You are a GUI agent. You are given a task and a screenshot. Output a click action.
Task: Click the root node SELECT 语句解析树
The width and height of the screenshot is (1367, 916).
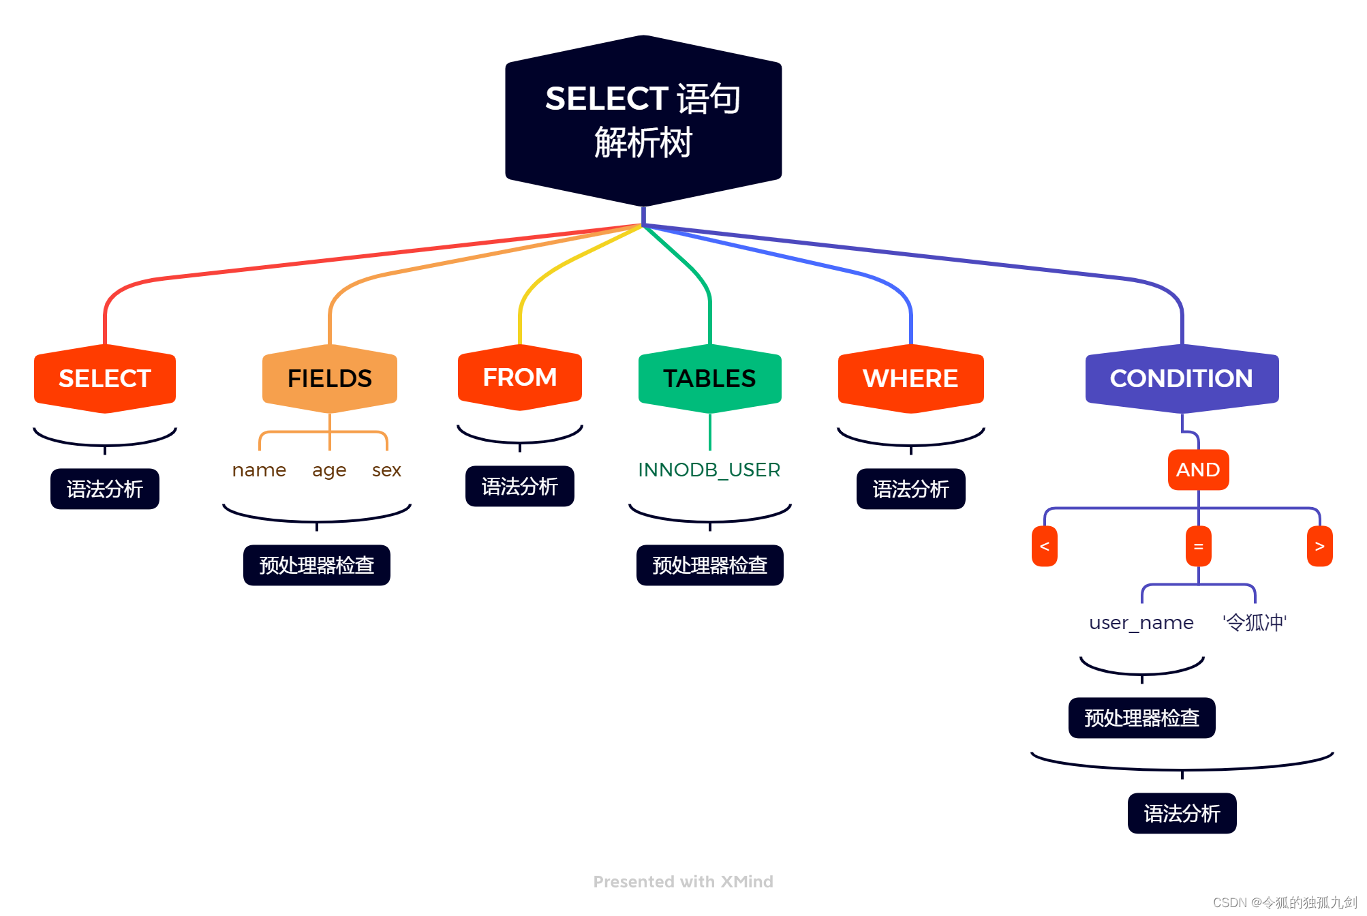click(x=643, y=121)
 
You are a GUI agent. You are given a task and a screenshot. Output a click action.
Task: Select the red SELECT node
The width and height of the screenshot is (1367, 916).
click(x=105, y=379)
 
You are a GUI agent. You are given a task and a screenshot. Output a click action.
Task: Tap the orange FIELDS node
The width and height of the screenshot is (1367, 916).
click(x=330, y=379)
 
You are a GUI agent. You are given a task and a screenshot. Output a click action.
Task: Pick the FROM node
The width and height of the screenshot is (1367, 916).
click(x=520, y=378)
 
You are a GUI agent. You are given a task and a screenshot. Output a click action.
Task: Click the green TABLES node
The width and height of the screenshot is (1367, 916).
click(x=709, y=379)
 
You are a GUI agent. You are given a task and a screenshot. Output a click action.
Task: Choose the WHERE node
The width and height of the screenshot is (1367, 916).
click(x=910, y=379)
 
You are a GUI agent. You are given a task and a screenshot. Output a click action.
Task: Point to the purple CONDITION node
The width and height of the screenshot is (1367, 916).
click(x=1181, y=379)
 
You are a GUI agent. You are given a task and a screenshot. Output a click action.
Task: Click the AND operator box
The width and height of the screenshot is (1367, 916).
click(x=1198, y=470)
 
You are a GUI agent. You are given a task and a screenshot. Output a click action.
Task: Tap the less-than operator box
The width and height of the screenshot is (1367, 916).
click(x=1044, y=546)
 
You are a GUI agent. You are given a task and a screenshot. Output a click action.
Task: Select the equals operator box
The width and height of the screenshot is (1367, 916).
click(x=1198, y=546)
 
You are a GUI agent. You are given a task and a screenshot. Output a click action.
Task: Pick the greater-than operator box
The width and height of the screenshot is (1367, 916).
click(x=1319, y=546)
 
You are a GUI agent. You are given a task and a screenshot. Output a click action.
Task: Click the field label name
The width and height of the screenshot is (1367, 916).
click(x=259, y=470)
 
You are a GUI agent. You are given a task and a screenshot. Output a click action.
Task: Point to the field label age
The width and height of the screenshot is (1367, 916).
click(x=329, y=470)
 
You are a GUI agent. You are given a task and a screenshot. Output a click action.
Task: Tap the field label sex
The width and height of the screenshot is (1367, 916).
click(x=386, y=470)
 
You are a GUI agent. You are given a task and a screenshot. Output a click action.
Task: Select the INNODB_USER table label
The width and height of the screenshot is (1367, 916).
click(x=709, y=470)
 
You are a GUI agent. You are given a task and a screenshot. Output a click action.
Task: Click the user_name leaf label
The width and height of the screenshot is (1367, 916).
click(x=1141, y=623)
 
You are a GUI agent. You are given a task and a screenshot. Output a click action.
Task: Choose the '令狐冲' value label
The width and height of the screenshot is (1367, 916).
click(x=1255, y=622)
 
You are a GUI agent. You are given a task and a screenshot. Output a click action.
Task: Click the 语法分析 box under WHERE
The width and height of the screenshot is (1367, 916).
click(x=910, y=489)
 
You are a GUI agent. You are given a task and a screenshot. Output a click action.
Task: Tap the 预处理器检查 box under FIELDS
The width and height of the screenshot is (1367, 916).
click(x=317, y=565)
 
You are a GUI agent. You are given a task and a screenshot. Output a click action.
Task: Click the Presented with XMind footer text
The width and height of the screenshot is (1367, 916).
click(x=683, y=882)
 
